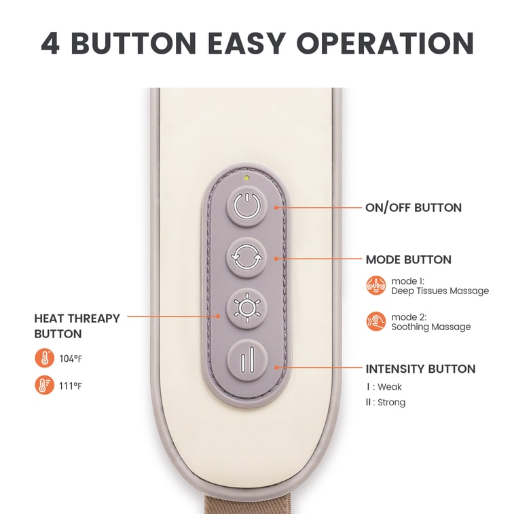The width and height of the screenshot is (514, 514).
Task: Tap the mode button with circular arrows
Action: point(247,257)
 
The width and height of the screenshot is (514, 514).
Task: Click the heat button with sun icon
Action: point(247,308)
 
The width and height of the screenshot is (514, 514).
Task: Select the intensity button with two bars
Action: point(248,360)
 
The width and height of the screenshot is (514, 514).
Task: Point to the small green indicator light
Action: point(246,179)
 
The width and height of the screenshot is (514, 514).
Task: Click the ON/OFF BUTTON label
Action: point(414,208)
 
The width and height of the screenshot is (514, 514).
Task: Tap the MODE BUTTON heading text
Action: point(409,259)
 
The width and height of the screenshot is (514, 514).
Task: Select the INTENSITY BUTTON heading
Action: point(420,369)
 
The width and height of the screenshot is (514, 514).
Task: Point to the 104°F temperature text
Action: point(71,359)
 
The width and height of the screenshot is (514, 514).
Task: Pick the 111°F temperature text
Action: point(71,386)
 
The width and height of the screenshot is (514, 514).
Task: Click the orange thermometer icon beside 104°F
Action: point(45,358)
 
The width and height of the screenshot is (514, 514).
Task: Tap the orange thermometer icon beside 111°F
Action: point(45,385)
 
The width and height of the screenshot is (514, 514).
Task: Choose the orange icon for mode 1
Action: point(376,285)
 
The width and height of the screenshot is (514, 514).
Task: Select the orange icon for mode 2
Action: point(376,321)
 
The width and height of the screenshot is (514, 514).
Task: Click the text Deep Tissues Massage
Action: point(440,291)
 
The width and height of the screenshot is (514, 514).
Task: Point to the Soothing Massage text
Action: point(431,327)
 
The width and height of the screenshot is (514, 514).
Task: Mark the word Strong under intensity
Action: point(391,402)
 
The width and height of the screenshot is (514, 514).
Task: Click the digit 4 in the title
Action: point(50,43)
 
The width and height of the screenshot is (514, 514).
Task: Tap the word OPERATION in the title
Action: point(385,43)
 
